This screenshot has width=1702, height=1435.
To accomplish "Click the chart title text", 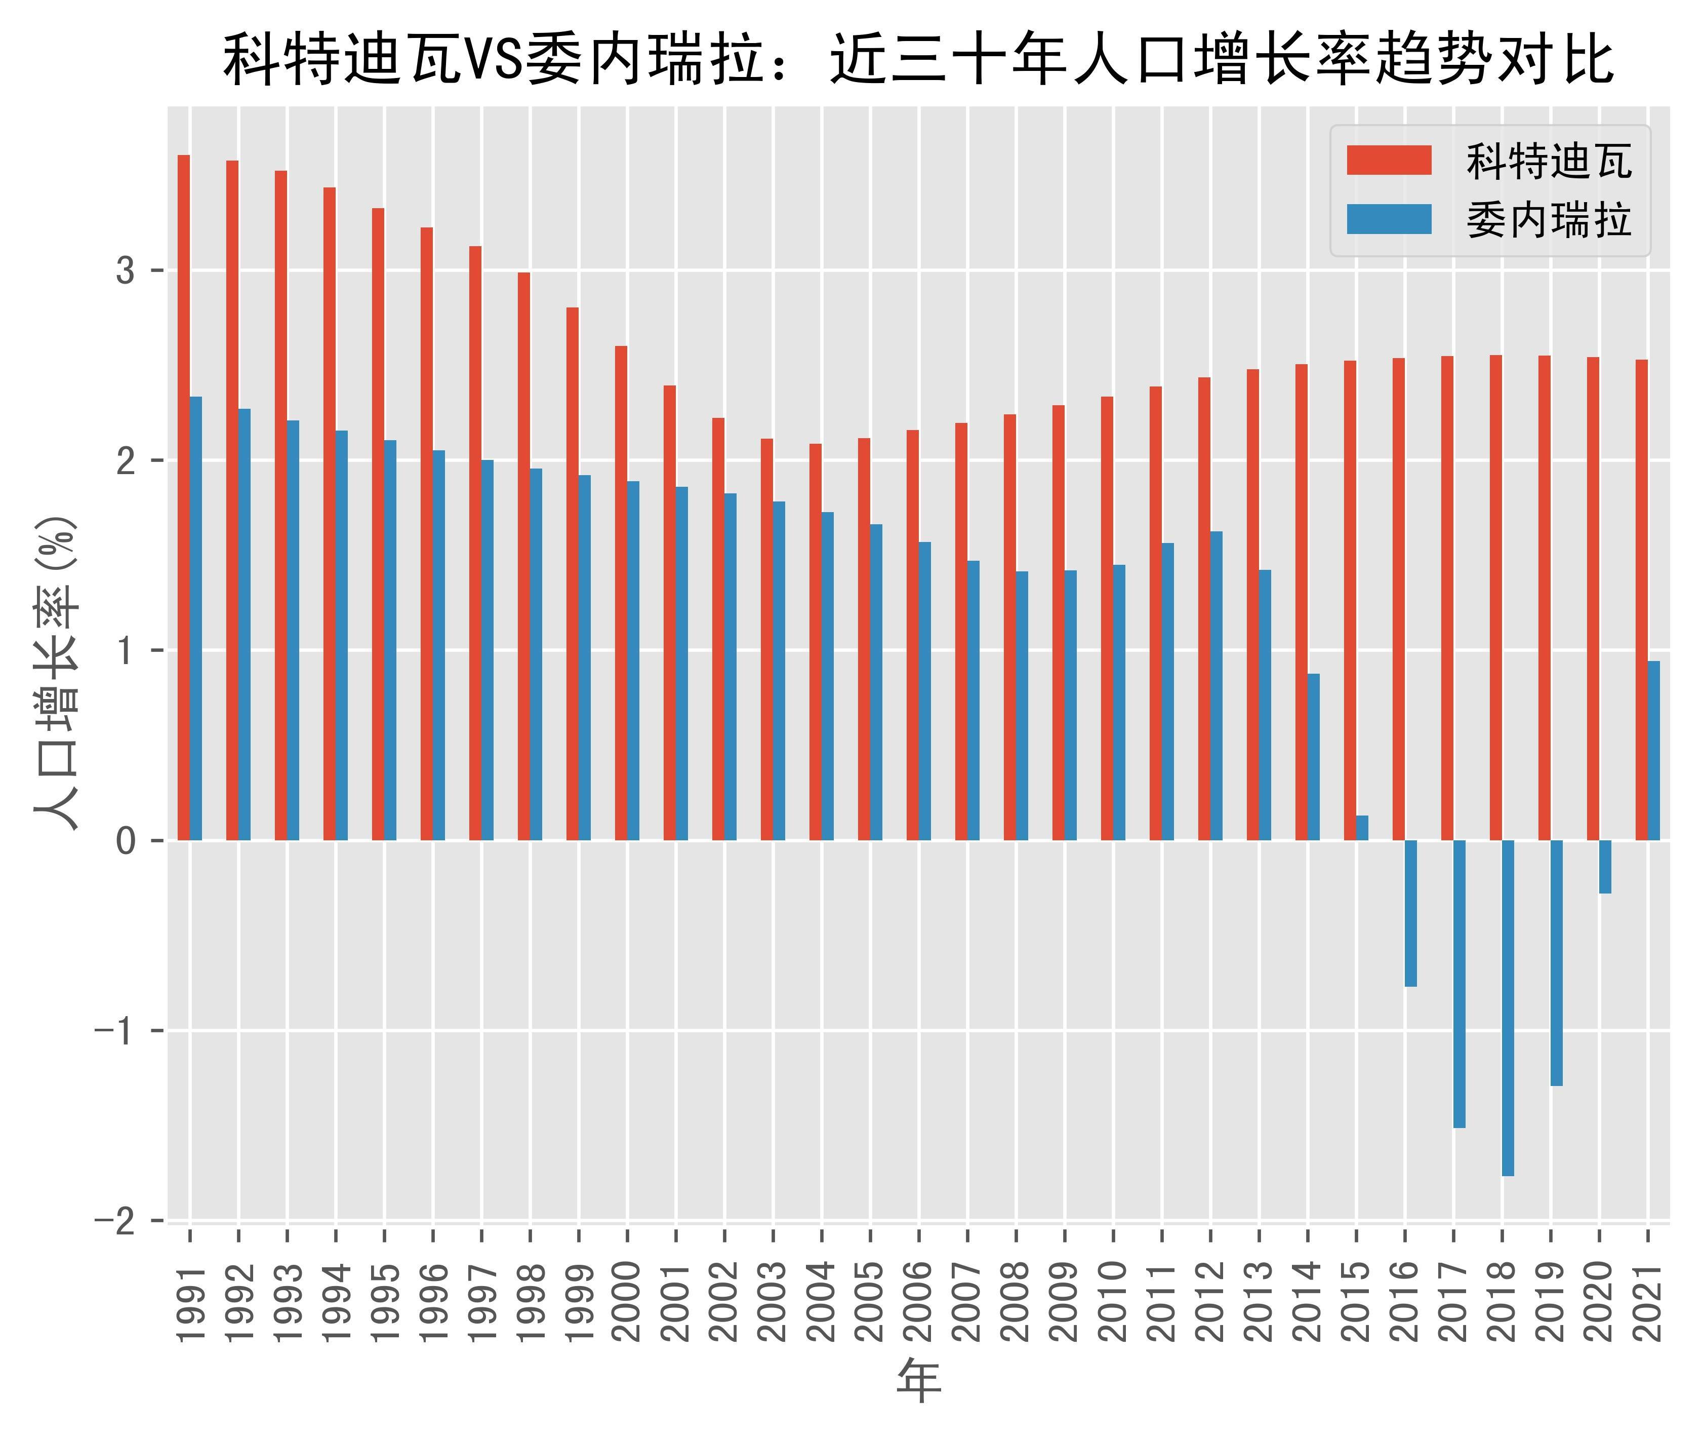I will tap(919, 59).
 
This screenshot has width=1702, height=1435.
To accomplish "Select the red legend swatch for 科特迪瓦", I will tap(1389, 160).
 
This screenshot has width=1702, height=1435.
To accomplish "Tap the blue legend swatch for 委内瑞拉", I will tap(1389, 219).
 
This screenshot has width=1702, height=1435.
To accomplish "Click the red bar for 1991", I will tap(184, 496).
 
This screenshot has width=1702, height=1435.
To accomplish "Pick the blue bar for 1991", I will tap(196, 618).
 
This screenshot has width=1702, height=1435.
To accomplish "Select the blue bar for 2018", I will tap(1508, 1008).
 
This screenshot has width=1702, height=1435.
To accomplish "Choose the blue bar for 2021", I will tap(1654, 750).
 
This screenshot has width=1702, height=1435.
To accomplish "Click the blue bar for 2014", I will tap(1313, 757).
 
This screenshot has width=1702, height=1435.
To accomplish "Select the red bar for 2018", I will tap(1495, 597).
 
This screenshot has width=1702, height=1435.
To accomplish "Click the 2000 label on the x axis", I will tap(627, 1302).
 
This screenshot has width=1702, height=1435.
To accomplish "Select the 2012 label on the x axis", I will tap(1211, 1302).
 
